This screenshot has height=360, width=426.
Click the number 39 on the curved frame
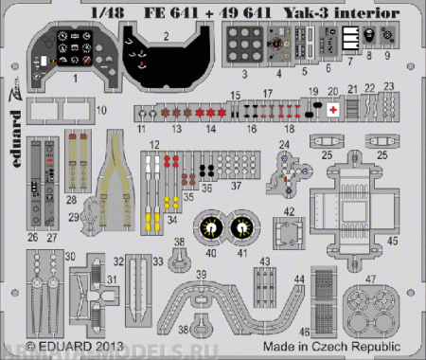point(203,273)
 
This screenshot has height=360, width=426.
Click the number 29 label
point(73,216)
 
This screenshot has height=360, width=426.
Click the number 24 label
point(283,145)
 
